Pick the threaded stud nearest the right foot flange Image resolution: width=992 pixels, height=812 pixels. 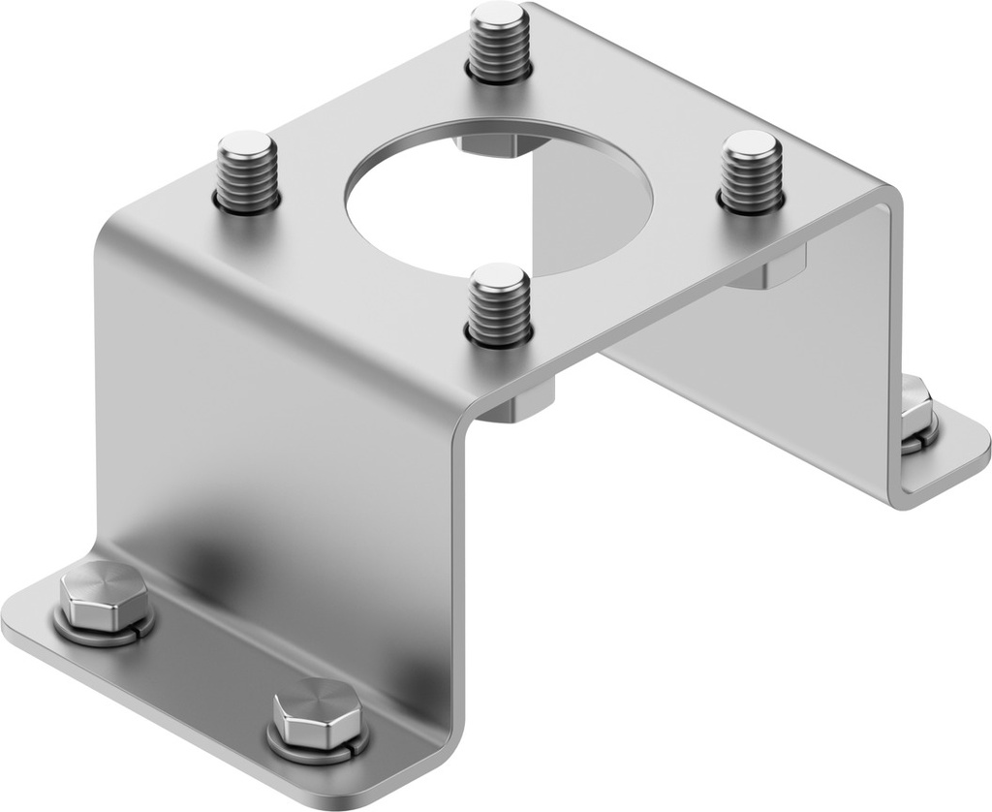[752, 172]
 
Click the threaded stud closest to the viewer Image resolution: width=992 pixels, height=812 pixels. [499, 304]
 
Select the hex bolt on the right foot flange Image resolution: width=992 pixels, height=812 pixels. [915, 407]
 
